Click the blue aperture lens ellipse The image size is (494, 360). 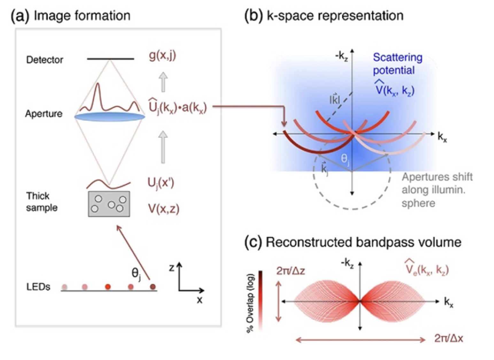point(110,117)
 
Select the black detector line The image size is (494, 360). point(111,59)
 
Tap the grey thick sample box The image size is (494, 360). point(109,204)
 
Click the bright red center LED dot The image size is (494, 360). point(108,287)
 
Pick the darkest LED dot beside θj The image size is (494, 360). point(153,287)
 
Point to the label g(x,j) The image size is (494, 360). point(163,55)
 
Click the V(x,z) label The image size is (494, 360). point(164,209)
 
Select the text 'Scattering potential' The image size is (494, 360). point(398,64)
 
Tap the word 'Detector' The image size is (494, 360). point(44,60)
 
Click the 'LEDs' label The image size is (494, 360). point(38,287)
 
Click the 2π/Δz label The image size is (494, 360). point(291,270)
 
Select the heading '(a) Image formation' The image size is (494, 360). point(71,16)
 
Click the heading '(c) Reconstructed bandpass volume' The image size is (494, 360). point(353,242)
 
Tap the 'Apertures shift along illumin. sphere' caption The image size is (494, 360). point(437,190)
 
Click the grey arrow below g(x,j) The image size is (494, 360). point(163,82)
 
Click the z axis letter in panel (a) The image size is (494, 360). point(172,268)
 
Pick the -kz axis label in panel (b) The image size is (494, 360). point(341,57)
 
